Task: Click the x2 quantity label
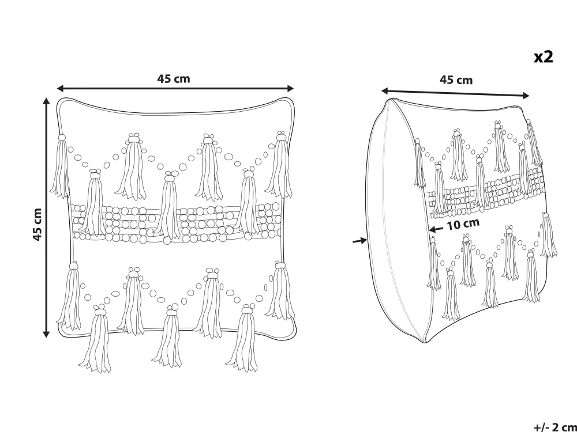coord(543,56)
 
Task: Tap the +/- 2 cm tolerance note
coord(554,427)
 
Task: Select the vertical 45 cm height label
coord(38,225)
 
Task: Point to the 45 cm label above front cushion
coord(173,78)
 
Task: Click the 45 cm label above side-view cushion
coord(456,80)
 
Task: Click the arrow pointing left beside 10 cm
coord(436,228)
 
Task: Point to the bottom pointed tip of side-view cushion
coord(425,342)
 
